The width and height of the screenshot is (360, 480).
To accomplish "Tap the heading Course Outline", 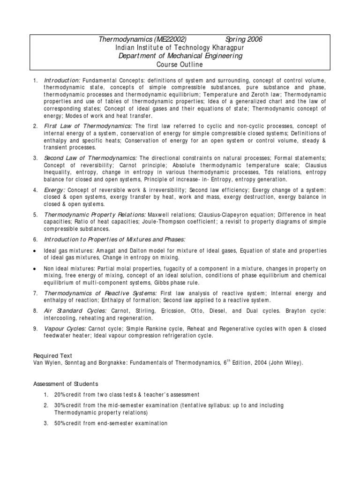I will tap(180, 64).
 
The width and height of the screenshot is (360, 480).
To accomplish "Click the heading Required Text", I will tap(52, 356).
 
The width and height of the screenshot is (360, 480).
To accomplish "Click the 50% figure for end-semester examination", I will tap(60, 423).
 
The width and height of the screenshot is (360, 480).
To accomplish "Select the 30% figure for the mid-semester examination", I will tap(60, 405).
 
